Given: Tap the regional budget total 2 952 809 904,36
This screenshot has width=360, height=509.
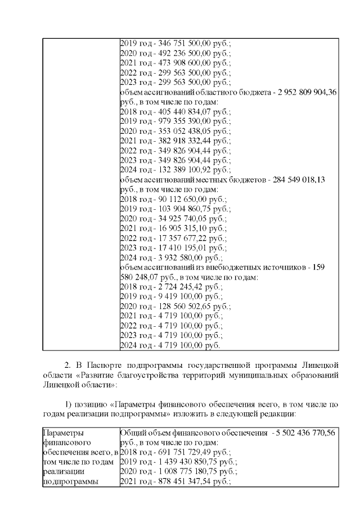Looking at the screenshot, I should (303, 93).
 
